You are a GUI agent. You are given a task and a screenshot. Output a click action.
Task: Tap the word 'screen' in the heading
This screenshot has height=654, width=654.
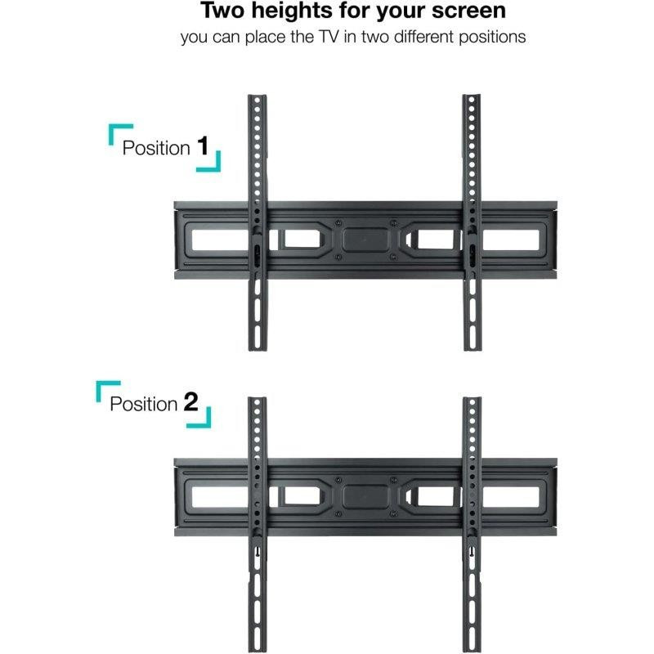[x=468, y=11]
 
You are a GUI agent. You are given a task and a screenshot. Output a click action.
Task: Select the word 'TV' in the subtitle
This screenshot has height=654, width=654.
[x=329, y=37]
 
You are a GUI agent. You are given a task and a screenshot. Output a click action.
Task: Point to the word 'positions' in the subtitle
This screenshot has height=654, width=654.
[x=492, y=38]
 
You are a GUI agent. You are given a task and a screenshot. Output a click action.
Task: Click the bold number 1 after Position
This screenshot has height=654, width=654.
[x=203, y=146]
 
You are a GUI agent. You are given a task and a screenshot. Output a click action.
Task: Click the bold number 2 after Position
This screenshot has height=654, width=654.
[x=191, y=402]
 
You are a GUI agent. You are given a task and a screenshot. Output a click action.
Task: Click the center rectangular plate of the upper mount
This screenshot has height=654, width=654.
[x=365, y=240]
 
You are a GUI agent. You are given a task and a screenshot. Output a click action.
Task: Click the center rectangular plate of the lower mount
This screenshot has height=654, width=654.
[x=365, y=497]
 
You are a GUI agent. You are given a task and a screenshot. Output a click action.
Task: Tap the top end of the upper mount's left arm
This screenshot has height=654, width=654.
[x=258, y=96]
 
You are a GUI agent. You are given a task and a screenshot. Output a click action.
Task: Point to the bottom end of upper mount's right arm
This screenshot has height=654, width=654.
[x=473, y=349]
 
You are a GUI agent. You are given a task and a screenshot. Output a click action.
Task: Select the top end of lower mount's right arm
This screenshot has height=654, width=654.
[x=473, y=398]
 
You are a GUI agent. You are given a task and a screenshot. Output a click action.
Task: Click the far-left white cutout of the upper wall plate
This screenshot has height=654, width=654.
[x=220, y=240]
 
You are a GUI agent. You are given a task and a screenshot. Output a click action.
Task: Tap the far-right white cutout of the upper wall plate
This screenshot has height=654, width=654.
[x=510, y=240]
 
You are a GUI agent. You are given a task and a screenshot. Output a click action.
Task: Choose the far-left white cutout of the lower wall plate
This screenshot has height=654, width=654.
[x=220, y=497]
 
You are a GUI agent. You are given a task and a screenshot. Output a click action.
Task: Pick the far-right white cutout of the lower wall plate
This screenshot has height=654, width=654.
[x=510, y=497]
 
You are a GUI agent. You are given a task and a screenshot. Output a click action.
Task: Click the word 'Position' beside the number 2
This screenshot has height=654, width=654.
[x=144, y=404]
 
